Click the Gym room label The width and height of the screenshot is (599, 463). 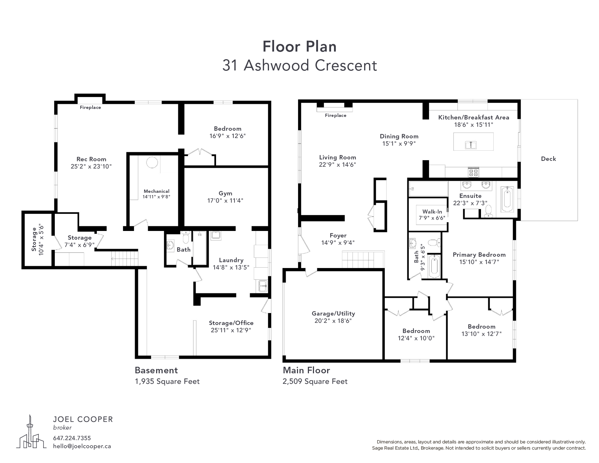(225, 193)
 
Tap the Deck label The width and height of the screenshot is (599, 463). (548, 159)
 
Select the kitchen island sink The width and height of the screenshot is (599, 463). (471, 145)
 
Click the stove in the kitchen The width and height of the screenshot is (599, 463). (473, 172)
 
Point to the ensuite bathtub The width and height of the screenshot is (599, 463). (507, 199)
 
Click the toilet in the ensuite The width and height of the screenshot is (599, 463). (489, 211)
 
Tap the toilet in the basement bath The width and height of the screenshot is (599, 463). (186, 237)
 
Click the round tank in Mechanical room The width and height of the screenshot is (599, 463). (152, 162)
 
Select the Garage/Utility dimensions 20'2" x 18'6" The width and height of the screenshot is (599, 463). (333, 321)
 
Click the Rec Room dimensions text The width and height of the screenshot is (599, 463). (91, 166)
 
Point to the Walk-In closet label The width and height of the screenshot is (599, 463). (432, 211)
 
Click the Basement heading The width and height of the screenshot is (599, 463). (156, 370)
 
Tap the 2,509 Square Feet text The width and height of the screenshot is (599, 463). (315, 381)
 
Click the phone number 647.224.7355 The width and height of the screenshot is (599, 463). (72, 438)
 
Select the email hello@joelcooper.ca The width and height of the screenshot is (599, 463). (82, 446)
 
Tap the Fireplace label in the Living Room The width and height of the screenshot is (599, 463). (335, 115)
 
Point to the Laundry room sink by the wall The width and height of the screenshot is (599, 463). (263, 286)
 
